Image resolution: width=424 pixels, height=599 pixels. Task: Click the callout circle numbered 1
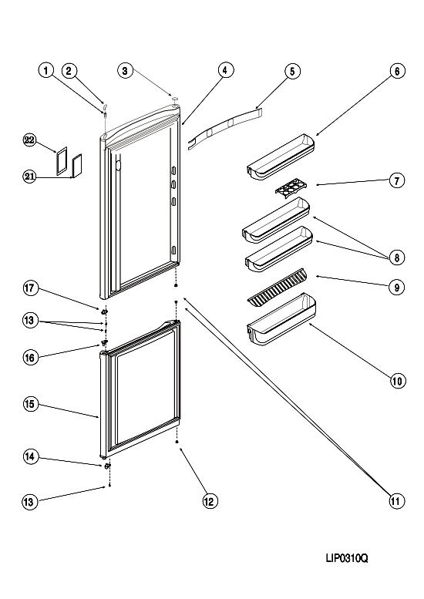point(45,70)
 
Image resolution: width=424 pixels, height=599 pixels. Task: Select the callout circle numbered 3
point(126,71)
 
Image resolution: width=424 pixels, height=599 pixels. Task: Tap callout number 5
point(292,72)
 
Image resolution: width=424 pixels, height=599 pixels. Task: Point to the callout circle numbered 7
point(397,180)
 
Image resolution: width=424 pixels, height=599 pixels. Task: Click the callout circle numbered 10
point(398,381)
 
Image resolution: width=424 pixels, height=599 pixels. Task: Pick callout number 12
point(210,501)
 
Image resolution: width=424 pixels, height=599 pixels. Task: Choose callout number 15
point(30,404)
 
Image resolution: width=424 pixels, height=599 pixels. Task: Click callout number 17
point(30,288)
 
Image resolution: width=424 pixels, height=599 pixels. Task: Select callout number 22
point(29,140)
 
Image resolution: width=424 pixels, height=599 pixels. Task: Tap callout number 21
point(29,177)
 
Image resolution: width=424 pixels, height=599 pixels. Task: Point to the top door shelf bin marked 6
point(281,156)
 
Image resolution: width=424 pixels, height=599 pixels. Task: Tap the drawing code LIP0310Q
point(347,558)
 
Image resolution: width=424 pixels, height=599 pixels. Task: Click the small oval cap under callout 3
point(175,99)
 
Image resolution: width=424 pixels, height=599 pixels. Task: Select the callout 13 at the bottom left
point(29,502)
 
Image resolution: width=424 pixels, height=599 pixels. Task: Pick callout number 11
point(395,501)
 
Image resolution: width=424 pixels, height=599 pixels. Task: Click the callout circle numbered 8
point(397,257)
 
